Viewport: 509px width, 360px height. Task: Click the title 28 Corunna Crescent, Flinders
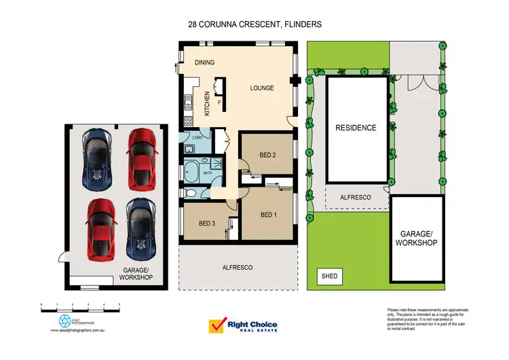(254, 24)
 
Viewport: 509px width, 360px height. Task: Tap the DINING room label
(204, 62)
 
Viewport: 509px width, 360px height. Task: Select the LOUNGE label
(261, 88)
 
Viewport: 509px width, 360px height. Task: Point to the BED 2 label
(267, 155)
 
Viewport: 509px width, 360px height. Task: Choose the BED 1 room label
(269, 215)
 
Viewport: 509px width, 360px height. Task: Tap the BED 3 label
(207, 223)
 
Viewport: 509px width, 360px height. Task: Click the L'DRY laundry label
(197, 139)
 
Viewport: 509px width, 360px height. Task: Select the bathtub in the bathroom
(191, 170)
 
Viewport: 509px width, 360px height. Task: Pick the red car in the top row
(141, 159)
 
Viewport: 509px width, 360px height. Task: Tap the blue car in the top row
(96, 159)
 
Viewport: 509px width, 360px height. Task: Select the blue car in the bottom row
(140, 229)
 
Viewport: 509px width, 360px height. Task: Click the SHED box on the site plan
(330, 276)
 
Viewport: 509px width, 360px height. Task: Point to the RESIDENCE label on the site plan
(356, 127)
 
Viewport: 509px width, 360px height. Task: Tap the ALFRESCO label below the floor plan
(237, 268)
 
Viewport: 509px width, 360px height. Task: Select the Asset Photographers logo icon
(64, 320)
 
